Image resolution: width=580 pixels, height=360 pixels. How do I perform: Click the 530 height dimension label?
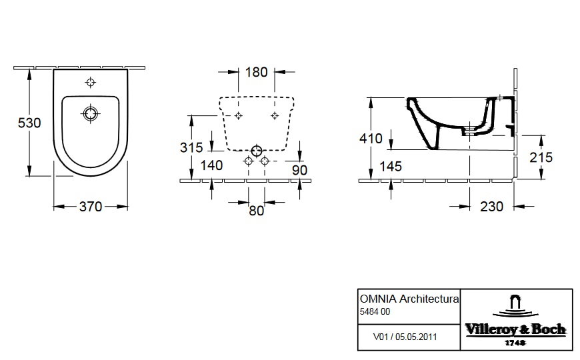click(29, 123)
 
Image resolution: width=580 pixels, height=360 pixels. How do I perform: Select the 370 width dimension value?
click(91, 207)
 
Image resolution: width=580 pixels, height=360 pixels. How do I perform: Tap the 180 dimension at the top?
click(257, 72)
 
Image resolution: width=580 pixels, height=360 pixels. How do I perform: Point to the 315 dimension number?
click(191, 147)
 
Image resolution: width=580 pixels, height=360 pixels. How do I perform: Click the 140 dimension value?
click(211, 165)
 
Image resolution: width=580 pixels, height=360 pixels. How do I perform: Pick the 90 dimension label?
click(299, 170)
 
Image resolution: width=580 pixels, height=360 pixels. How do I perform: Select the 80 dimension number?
click(257, 211)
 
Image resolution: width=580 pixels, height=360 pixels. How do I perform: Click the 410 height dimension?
click(371, 139)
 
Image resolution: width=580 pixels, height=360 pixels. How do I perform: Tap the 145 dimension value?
click(391, 167)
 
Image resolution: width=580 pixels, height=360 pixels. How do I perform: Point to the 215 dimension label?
click(541, 157)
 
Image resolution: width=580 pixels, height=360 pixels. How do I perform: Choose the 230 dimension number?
click(491, 207)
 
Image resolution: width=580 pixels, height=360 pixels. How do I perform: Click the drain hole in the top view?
click(90, 113)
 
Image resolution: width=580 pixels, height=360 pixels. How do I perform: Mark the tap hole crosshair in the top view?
click(91, 82)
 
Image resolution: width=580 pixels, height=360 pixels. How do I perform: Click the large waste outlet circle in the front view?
click(257, 151)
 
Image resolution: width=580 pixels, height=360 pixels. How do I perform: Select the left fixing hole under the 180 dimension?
click(238, 116)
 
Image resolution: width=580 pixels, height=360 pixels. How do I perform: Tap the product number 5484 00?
click(375, 311)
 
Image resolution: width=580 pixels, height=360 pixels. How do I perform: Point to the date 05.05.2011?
click(416, 337)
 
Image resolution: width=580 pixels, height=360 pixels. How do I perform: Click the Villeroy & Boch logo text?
click(515, 329)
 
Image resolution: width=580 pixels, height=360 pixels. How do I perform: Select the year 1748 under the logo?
click(515, 343)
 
